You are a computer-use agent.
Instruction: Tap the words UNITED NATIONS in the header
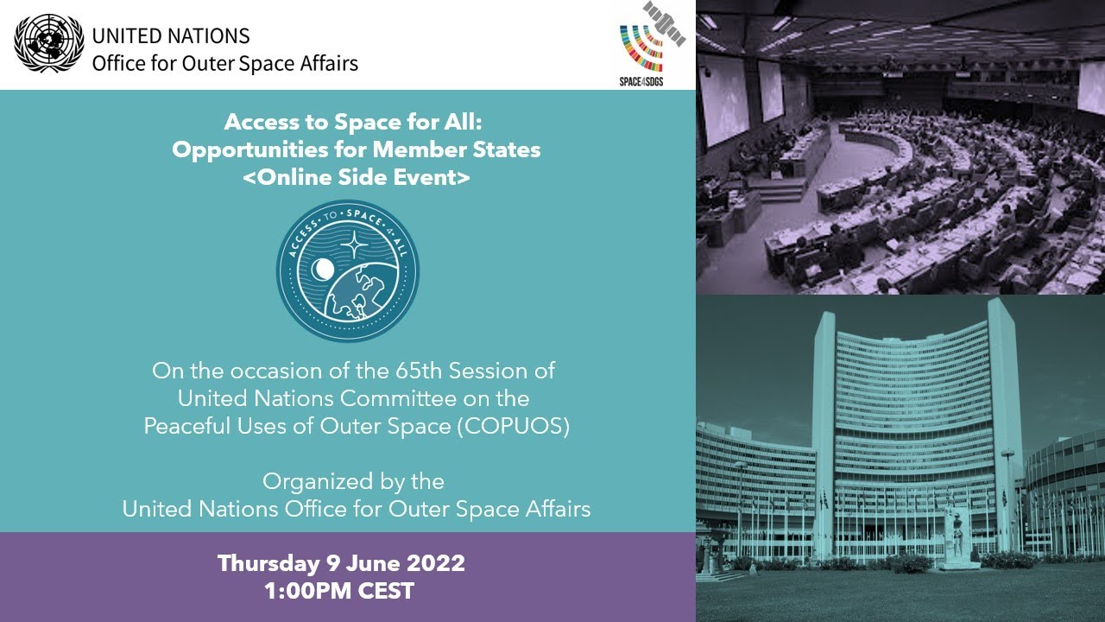point(171,35)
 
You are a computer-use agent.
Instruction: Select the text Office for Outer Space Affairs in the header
point(224,63)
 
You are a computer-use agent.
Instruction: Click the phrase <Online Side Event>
point(356,177)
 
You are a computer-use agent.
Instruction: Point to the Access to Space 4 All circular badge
point(348,271)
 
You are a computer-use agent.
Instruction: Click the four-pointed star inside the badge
point(353,245)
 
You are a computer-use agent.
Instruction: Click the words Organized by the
point(353,480)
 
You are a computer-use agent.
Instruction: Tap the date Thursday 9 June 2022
point(341,564)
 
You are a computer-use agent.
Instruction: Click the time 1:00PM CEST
point(341,592)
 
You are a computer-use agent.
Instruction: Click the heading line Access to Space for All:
point(357,122)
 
